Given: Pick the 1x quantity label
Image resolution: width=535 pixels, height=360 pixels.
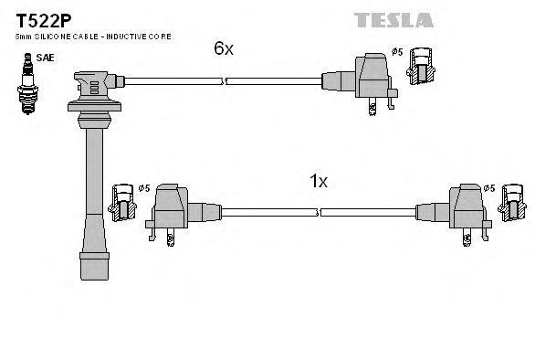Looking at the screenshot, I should coord(318,181).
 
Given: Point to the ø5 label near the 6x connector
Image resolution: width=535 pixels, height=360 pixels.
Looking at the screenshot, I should coord(397,52).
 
